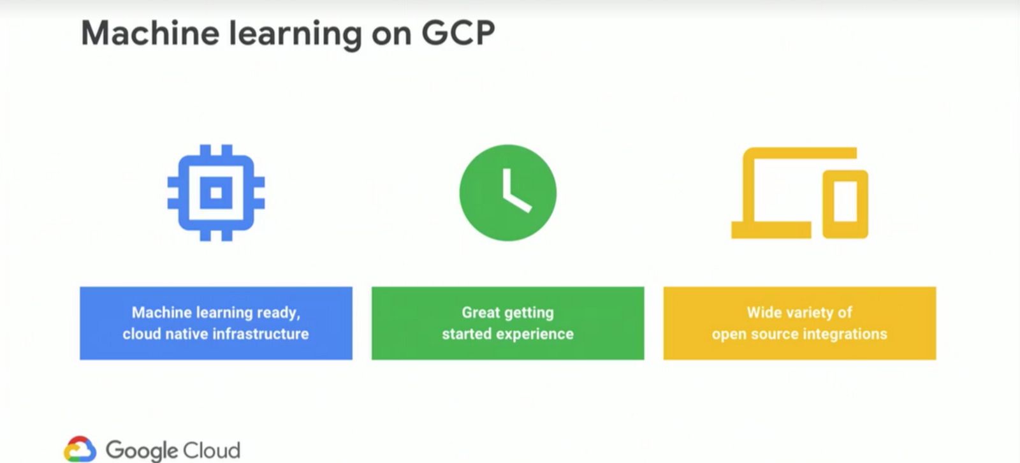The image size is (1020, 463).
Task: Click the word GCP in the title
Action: (458, 33)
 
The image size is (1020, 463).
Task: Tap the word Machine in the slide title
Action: (150, 33)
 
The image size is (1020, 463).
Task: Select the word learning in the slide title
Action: (296, 34)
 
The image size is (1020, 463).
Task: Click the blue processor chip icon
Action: (216, 193)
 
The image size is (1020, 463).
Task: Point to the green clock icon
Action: (507, 193)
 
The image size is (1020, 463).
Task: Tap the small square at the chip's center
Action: (216, 193)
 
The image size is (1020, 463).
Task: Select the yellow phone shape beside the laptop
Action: (845, 204)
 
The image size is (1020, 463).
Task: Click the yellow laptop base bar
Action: (771, 230)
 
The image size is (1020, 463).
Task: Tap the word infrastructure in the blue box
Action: (261, 334)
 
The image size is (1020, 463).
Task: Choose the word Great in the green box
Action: (481, 312)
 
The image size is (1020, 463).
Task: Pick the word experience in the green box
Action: (535, 335)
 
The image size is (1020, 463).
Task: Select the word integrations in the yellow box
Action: (845, 335)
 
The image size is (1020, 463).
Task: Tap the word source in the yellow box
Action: (774, 335)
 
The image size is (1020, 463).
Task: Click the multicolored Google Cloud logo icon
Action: (80, 449)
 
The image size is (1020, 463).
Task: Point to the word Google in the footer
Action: (142, 451)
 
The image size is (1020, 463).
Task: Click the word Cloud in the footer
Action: (211, 450)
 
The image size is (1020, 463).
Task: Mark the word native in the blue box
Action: (186, 334)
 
